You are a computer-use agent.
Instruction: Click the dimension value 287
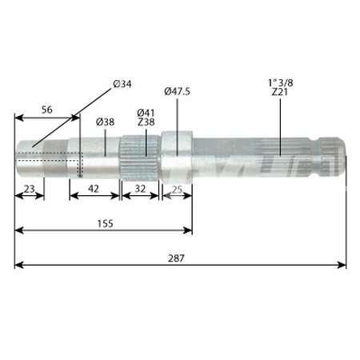(178, 258)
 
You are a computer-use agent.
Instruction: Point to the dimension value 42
(94, 190)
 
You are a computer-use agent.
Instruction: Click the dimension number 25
(177, 190)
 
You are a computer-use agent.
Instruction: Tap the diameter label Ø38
(105, 122)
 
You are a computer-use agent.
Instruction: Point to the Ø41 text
(146, 112)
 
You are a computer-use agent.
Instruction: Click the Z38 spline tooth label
(146, 122)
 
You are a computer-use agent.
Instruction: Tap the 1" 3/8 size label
(280, 82)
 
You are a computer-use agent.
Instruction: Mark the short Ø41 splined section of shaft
(141, 154)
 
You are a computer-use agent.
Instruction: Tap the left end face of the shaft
(17, 157)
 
